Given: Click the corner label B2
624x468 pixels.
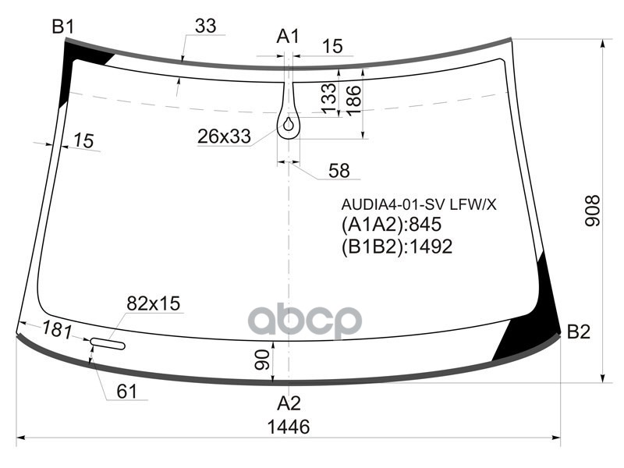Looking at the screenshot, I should point(579,331).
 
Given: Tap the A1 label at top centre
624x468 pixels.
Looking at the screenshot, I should point(288,36).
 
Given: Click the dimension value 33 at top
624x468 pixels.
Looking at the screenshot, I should point(205,26).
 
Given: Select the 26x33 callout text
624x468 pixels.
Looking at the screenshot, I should point(224,137).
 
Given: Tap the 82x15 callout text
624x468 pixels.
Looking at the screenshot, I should point(154,303).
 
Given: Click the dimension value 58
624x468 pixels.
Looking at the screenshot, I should point(339,171).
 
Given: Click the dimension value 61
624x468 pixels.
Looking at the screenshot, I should point(126,392).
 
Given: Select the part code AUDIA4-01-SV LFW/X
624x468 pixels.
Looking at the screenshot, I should point(419,204).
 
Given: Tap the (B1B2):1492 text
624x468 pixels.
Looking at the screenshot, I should point(397,246).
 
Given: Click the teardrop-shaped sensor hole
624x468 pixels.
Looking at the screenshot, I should point(289,122).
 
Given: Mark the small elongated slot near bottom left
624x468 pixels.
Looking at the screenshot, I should point(108,343).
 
